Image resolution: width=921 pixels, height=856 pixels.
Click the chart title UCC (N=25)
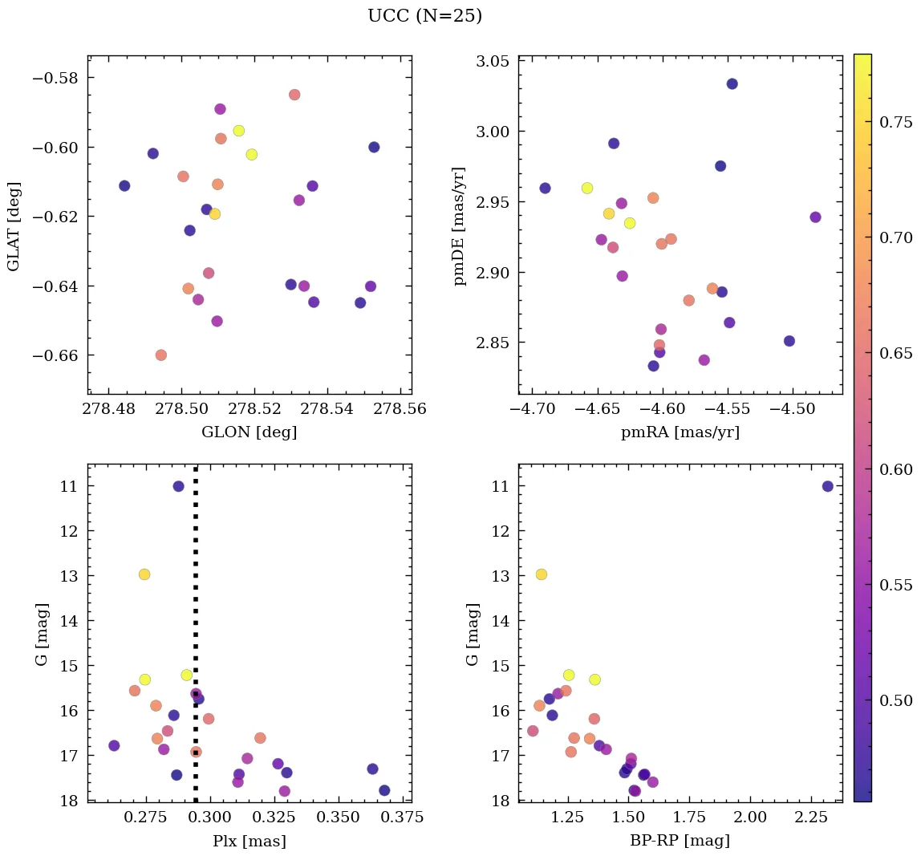[424, 16]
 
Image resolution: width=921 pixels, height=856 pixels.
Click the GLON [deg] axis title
[250, 432]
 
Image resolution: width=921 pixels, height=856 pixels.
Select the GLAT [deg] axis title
[14, 225]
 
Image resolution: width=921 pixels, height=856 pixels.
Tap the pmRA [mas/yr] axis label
[680, 432]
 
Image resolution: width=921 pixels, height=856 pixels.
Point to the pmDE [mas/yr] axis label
[459, 225]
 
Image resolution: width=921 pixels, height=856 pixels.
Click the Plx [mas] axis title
[250, 841]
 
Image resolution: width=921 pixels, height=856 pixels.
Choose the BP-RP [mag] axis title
[680, 841]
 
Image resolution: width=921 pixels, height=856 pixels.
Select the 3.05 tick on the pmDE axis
[494, 62]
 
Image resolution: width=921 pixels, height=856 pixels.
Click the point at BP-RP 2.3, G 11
[828, 486]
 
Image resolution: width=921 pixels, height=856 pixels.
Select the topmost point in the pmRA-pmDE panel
[732, 83]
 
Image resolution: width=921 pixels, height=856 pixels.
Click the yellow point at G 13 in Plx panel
[144, 574]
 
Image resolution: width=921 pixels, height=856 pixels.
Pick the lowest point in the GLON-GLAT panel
[161, 355]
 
